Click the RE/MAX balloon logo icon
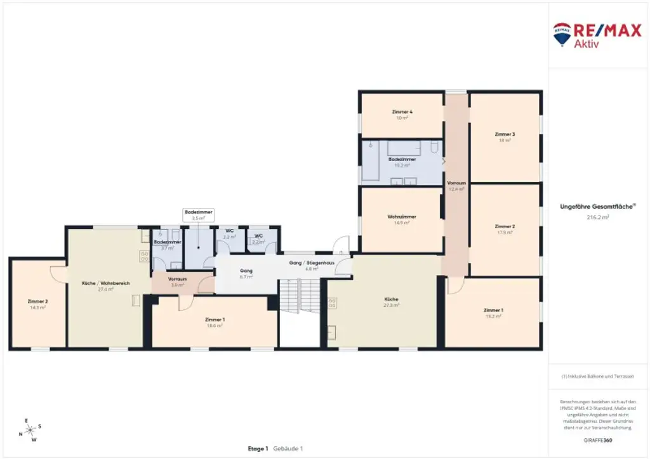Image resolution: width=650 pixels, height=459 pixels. (x=562, y=34)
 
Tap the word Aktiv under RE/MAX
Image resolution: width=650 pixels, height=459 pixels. (x=587, y=44)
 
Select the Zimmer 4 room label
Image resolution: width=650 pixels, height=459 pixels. (x=402, y=114)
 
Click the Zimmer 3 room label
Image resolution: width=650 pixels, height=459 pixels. (x=505, y=137)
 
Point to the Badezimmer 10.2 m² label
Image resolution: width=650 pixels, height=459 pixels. (x=402, y=162)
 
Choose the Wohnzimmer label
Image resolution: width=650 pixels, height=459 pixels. (x=401, y=219)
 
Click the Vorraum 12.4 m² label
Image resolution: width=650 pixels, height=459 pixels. (x=456, y=185)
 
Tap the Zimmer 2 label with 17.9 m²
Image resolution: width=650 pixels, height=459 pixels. (x=505, y=229)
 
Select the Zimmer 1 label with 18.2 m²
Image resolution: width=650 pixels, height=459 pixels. (x=493, y=313)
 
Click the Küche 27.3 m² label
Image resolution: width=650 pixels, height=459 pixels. (x=392, y=302)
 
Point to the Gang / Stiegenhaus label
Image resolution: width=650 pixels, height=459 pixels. (x=311, y=265)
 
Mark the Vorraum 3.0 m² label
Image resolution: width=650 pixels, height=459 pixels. (x=176, y=282)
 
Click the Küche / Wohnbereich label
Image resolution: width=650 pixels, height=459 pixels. (x=105, y=286)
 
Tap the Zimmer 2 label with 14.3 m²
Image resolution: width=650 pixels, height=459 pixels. (x=37, y=304)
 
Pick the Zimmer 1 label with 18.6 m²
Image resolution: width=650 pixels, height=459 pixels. (x=215, y=322)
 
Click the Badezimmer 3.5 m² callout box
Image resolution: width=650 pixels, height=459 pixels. (x=198, y=214)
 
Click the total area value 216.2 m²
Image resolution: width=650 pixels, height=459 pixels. (x=597, y=217)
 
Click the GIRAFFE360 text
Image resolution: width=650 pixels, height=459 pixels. (x=597, y=439)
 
